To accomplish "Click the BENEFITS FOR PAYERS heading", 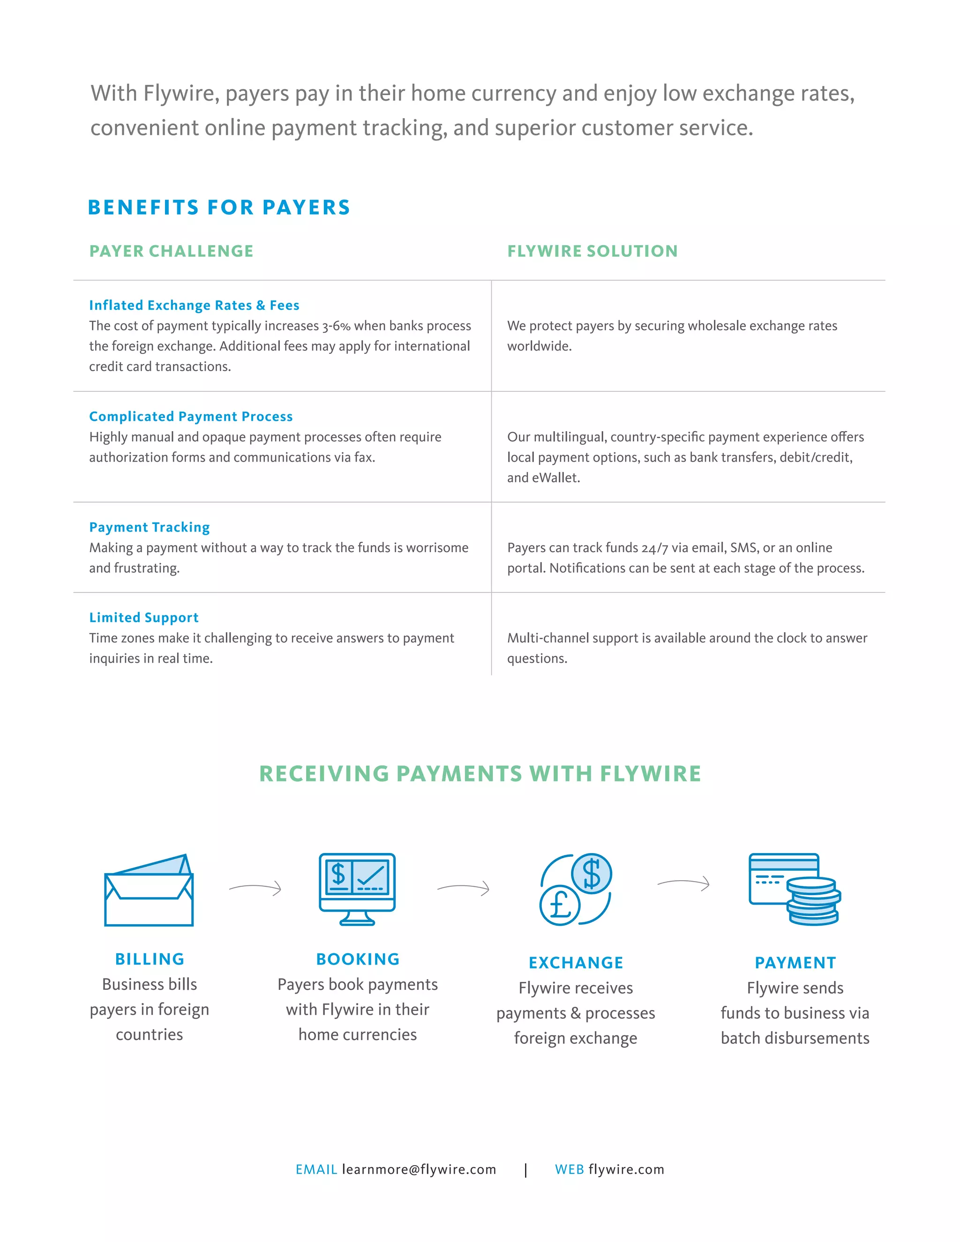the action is pos(219,208).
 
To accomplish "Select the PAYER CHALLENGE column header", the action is pos(171,251).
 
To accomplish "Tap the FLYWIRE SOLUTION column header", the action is pos(592,251).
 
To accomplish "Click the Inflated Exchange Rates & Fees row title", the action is pos(194,306).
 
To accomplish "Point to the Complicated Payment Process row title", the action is pos(190,416).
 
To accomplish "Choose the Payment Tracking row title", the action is pos(149,527).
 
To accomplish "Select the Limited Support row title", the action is pos(143,618).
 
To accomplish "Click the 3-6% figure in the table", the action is pos(336,326).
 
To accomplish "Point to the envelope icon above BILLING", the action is pos(149,890).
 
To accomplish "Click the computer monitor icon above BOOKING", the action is pos(357,889).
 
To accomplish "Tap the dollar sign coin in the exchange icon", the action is pos(592,874).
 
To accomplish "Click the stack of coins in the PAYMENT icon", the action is pos(813,901).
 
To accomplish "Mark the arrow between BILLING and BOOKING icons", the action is pos(255,888).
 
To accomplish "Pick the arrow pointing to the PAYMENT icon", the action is pos(683,883).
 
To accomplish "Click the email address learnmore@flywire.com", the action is pos(419,1169).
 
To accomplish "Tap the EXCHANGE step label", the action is pos(576,963).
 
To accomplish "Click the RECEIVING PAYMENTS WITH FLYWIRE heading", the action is pos(480,774).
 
